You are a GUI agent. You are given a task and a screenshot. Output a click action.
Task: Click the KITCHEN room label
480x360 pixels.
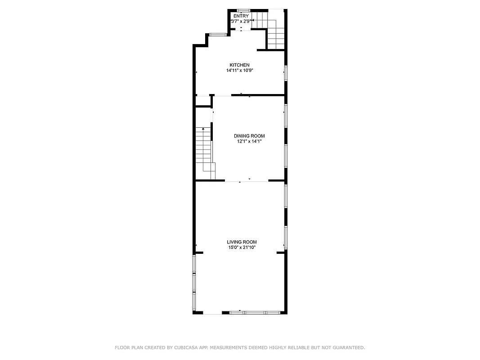(239, 65)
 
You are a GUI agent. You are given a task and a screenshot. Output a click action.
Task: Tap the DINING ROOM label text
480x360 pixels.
(249, 136)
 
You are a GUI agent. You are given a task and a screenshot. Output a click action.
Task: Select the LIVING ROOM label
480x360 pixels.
(242, 242)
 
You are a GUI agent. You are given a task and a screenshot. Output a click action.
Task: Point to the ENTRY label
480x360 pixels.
(241, 16)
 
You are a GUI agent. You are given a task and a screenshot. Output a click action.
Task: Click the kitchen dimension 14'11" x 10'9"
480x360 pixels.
(240, 71)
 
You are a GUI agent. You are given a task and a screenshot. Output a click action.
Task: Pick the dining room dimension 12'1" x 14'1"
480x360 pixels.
(249, 141)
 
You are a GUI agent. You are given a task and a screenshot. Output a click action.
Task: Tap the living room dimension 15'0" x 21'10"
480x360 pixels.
(242, 247)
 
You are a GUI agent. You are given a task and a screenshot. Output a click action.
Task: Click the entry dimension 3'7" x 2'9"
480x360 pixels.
(241, 21)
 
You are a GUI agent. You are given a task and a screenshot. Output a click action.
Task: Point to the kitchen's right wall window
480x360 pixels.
(285, 73)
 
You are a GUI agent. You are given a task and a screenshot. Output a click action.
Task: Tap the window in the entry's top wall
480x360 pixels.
(243, 10)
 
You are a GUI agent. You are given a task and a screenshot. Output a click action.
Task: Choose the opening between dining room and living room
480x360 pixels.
(247, 181)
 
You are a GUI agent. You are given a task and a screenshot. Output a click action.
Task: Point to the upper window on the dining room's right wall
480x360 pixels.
(285, 116)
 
